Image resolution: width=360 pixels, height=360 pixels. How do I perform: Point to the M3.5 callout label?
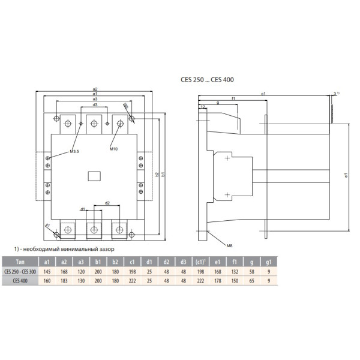click(x=74, y=151)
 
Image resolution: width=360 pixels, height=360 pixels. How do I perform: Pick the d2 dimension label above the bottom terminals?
click(x=107, y=203)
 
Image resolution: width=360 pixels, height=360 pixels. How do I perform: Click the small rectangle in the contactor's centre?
click(x=94, y=176)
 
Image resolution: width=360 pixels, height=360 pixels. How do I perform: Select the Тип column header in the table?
click(x=20, y=262)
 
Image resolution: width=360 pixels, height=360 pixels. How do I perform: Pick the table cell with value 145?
click(x=47, y=272)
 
